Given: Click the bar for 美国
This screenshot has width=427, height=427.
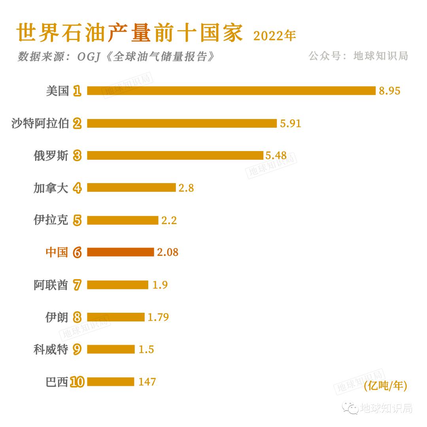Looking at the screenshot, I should tap(231, 91).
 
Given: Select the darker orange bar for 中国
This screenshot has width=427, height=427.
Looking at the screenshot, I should tap(120, 252).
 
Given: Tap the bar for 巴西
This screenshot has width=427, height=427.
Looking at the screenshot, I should tap(111, 382).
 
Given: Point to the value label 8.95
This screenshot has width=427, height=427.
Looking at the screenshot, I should tap(389, 91).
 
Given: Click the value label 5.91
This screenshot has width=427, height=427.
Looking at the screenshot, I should tap(290, 123).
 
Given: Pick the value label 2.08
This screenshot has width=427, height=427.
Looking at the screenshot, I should tap(168, 252).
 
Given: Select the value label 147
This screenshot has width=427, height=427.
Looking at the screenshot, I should tap(147, 382).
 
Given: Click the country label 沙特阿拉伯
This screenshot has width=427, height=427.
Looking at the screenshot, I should tap(40, 123).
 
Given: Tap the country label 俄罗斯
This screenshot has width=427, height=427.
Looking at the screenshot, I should tap(51, 155).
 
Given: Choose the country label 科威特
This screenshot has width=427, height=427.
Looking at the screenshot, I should tap(51, 349).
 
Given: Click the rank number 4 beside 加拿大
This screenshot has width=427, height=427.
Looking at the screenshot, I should tap(77, 188).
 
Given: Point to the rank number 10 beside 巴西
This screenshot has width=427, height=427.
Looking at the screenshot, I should tap(77, 382).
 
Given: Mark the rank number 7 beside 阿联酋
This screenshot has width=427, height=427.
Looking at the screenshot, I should tap(77, 285).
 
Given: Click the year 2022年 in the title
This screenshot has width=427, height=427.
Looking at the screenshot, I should tap(274, 36).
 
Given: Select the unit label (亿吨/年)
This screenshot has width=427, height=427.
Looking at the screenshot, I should tap(385, 385).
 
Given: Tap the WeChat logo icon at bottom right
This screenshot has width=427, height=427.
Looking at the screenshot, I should tap(350, 408).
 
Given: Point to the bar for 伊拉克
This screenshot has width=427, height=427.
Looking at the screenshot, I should tap(123, 220).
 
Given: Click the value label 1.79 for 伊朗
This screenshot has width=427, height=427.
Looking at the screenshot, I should tap(158, 317).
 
